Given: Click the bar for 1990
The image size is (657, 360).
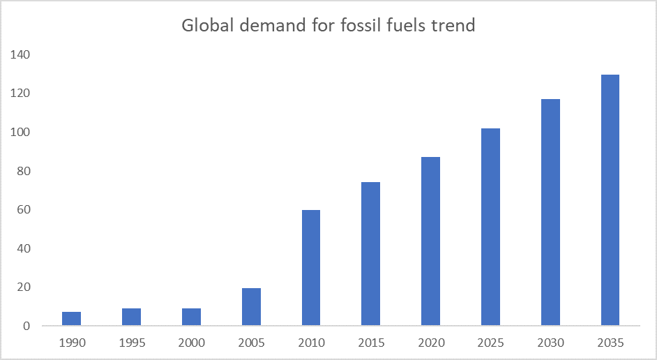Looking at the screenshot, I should (71, 319).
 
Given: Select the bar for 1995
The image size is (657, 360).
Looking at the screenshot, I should (131, 317).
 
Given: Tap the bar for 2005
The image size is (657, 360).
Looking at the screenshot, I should (251, 307).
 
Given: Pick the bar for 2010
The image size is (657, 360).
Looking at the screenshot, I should (310, 268).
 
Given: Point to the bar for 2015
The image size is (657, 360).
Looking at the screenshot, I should (370, 254).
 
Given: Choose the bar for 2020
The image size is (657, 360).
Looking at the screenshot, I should (430, 241).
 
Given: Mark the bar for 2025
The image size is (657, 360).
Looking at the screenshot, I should (490, 227).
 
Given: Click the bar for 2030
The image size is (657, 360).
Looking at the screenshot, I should (550, 212).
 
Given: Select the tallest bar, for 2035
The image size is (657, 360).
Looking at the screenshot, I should (610, 200).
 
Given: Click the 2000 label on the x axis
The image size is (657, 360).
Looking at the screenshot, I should (191, 343).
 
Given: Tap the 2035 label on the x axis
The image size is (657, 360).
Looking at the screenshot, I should (610, 343).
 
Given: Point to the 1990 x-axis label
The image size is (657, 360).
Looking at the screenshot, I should (71, 343).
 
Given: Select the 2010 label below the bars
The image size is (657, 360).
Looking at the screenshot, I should (310, 343).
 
